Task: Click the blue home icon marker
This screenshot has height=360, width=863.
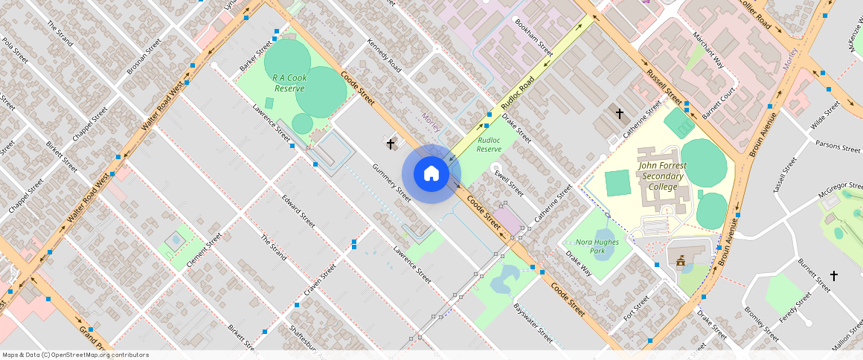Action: [431, 174]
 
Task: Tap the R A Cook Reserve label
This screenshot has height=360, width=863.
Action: [289, 83]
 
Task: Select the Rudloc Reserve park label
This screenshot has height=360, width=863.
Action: [489, 144]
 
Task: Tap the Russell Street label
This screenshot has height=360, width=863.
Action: [664, 89]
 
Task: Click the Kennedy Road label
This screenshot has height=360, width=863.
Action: [384, 56]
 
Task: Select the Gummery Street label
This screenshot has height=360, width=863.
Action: [391, 182]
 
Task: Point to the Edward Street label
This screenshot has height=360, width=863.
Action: [298, 210]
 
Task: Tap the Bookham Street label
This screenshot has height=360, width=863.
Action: [534, 38]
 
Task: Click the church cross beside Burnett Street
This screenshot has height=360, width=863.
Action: [834, 276]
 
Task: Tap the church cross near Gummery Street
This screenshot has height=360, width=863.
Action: [390, 141]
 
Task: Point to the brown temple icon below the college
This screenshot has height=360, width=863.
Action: [679, 259]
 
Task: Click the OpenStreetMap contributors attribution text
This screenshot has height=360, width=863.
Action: [76, 355]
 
